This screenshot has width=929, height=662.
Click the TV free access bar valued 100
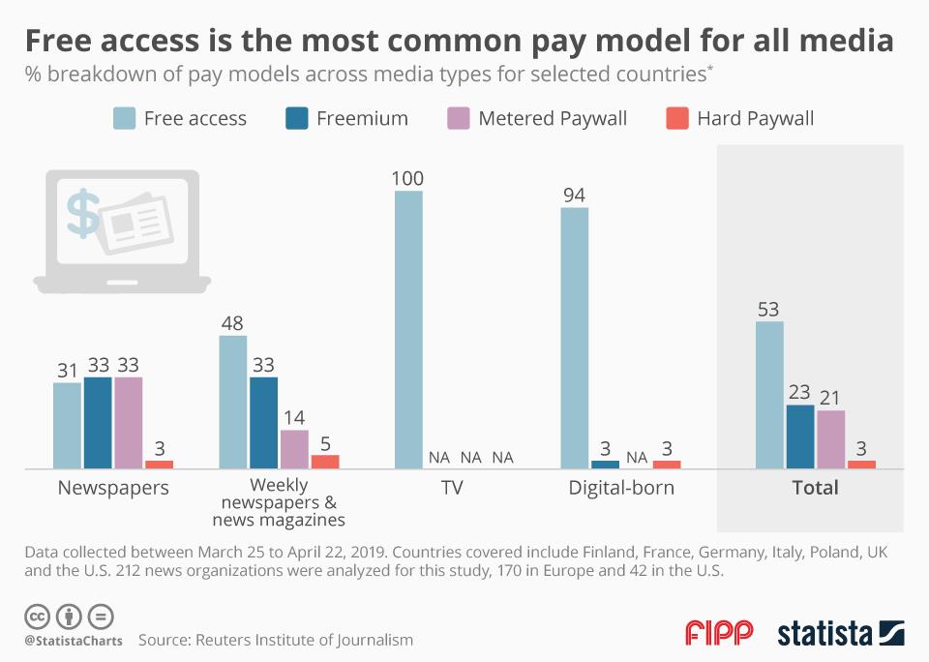coord(409,329)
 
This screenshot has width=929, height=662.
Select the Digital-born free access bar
coord(575,338)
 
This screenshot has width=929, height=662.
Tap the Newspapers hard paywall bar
coord(159,464)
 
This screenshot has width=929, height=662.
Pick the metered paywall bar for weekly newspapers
coord(294,449)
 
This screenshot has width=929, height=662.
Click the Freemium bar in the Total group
coord(799,436)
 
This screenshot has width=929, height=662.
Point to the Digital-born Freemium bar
coord(605,464)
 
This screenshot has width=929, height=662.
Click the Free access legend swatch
coord(124,119)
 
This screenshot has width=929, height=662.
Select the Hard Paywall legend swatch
coord(676,119)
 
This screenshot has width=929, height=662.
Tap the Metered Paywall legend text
coord(553,119)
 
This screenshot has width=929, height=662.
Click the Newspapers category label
coord(113,488)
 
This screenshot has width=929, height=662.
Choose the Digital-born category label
coord(621,488)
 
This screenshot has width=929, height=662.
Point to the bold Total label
coord(815,488)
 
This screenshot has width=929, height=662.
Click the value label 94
coord(575,195)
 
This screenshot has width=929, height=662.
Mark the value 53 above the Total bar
coord(769,310)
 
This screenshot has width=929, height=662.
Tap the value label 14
coord(294,418)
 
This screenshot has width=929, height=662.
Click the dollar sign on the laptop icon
coord(83,213)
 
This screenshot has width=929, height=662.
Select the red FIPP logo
coord(718,633)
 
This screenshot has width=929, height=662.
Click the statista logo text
coord(824,634)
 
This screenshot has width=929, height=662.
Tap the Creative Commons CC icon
coord(38,616)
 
